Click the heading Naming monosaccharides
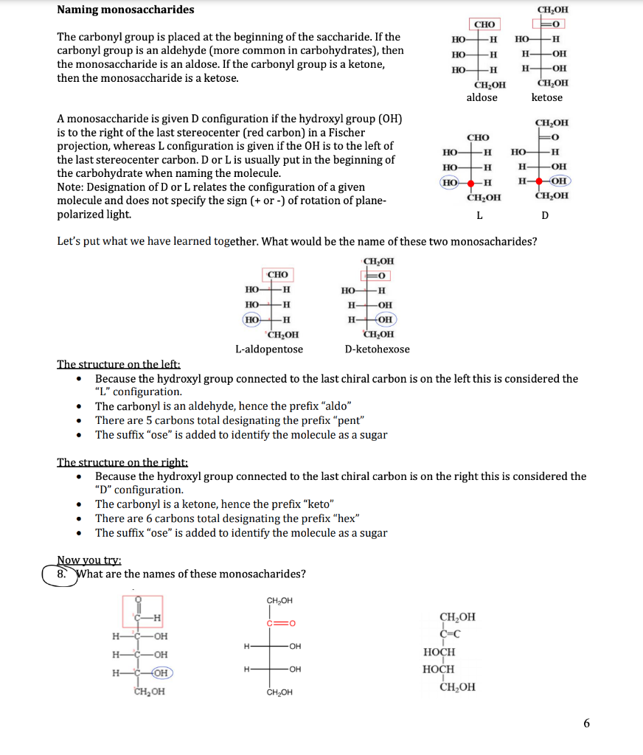click(x=125, y=10)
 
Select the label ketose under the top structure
click(x=546, y=97)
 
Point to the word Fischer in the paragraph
click(x=345, y=133)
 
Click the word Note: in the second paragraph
click(x=72, y=187)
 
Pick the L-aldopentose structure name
click(x=268, y=349)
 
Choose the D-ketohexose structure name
click(x=377, y=349)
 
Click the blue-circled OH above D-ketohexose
click(x=385, y=319)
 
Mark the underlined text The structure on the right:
click(x=122, y=462)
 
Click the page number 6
click(x=586, y=723)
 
